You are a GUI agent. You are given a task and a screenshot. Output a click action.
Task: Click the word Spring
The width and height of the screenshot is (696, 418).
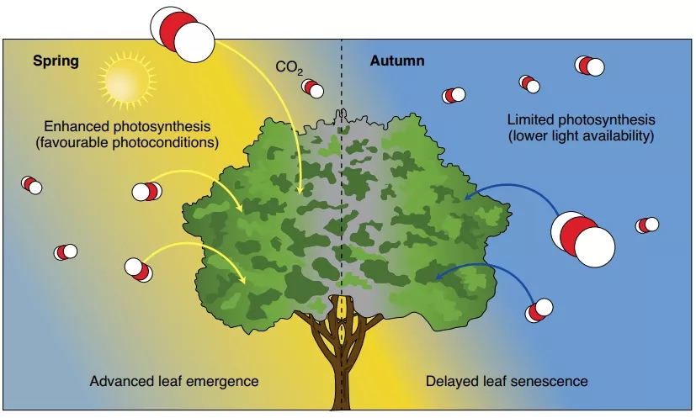click(x=56, y=61)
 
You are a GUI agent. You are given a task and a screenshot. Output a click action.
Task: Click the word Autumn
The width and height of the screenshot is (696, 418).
click(x=397, y=61)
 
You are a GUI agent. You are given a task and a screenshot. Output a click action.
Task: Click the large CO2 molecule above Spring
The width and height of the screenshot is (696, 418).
click(x=182, y=32)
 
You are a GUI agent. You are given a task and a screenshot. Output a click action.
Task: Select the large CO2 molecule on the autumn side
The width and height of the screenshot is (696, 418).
click(x=582, y=237)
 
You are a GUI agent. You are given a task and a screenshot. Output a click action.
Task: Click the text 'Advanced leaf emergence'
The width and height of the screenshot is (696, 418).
click(x=174, y=381)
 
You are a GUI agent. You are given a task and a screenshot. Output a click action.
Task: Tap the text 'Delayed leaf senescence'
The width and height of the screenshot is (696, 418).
click(x=507, y=381)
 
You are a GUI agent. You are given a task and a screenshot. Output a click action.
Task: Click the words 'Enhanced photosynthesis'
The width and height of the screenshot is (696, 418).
click(x=128, y=126)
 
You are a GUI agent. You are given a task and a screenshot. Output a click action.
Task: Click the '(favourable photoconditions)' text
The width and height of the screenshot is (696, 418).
click(x=128, y=142)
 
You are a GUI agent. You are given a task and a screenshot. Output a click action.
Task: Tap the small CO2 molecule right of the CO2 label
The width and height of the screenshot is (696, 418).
click(x=313, y=88)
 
